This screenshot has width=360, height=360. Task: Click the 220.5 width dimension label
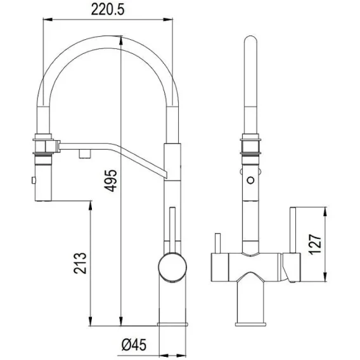108,10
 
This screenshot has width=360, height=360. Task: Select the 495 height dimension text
110,181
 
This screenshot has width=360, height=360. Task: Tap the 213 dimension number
80,263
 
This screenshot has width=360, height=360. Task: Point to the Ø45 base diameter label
134,345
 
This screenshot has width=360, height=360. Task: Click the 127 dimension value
315,245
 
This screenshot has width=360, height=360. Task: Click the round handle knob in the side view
172,267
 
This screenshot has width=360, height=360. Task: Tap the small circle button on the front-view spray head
251,180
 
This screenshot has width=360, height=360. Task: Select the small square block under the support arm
85,153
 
